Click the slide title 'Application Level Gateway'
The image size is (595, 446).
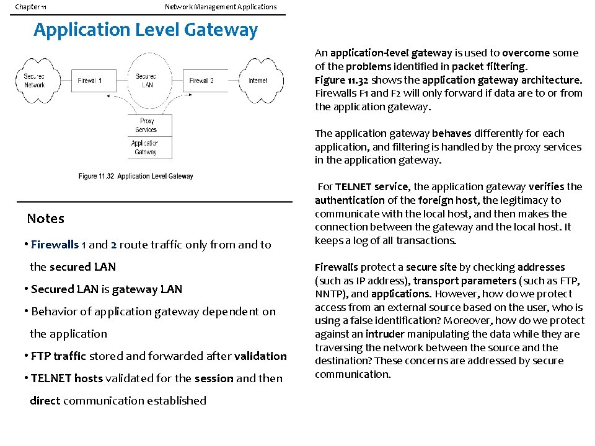146,30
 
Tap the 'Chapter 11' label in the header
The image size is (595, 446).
30,7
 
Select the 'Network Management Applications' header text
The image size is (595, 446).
221,7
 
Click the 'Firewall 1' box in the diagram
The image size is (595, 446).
90,81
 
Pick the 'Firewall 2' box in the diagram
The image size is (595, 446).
201,81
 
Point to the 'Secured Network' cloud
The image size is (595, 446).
35,81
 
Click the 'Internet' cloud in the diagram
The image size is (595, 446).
258,81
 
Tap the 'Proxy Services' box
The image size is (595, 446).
146,126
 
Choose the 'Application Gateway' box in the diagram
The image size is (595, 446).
145,147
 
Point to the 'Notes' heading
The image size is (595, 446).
45,219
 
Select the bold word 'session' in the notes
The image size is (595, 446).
214,378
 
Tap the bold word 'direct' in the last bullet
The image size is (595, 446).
45,401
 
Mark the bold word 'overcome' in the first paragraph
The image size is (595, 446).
526,53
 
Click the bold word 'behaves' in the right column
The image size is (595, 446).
452,133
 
